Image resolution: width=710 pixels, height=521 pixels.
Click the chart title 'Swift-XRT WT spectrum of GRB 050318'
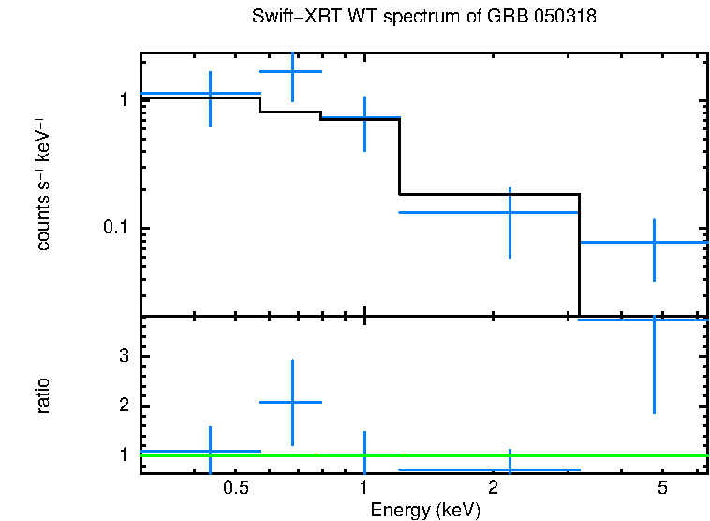click(424, 18)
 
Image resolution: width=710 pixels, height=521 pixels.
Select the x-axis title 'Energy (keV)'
click(424, 510)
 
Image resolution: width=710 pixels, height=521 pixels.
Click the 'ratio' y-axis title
click(43, 395)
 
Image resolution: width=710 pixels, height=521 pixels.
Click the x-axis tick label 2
click(493, 488)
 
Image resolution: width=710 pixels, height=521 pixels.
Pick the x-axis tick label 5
click(661, 488)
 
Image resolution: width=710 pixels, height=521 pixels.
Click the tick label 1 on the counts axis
click(123, 99)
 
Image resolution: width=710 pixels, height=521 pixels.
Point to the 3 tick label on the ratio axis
click(123, 356)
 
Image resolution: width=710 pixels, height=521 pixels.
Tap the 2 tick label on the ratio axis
click(123, 406)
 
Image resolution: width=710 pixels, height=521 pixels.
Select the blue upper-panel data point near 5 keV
click(654, 242)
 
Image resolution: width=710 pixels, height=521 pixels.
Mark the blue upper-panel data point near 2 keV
click(510, 212)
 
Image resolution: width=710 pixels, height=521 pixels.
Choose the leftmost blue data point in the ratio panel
click(210, 451)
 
